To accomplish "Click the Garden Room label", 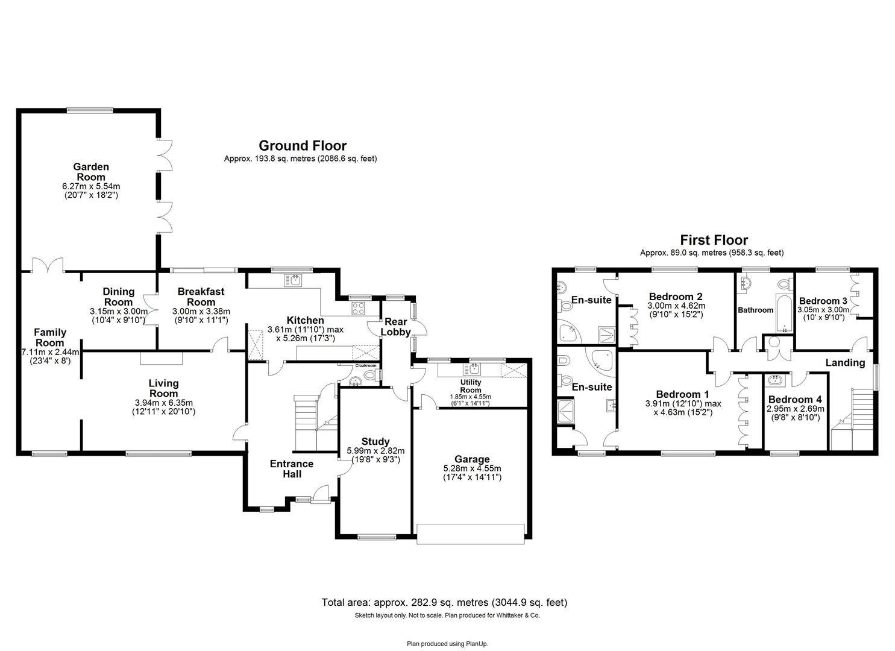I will [91, 172].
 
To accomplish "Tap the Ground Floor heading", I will [303, 146].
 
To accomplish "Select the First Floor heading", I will [714, 240].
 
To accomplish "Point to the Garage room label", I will [472, 459].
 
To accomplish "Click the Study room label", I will [375, 441].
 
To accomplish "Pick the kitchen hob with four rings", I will [359, 308].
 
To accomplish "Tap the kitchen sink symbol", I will [296, 280].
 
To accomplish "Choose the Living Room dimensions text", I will [164, 407].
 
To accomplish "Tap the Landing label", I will [845, 363].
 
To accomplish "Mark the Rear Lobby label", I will [397, 327].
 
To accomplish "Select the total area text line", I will [444, 602].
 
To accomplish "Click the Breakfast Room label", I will [201, 297].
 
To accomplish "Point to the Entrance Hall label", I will [292, 468].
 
